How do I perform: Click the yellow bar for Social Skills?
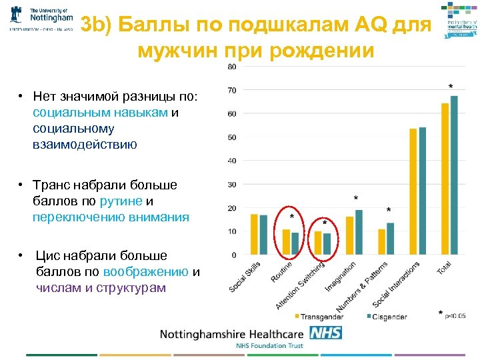(254, 234)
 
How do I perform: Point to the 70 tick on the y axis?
(231, 90)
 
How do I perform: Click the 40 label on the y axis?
(231, 161)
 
